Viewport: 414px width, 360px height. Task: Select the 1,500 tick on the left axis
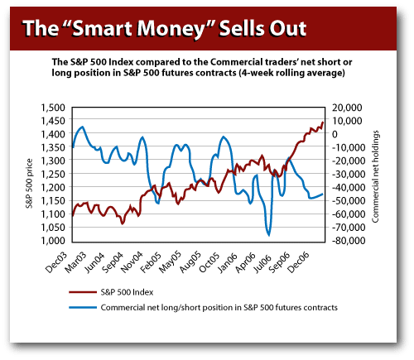click(52, 108)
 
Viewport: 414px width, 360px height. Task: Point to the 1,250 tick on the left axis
click(52, 175)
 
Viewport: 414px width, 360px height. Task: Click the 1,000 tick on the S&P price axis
click(52, 241)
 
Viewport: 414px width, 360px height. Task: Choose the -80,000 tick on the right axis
click(344, 241)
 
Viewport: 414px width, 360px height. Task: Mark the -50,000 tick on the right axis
click(344, 201)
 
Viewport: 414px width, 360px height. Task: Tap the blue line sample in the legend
click(80, 306)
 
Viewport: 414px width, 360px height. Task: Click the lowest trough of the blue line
click(268, 234)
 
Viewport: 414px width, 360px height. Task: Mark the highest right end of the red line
click(322, 122)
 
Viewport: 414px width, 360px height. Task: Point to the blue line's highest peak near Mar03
click(81, 127)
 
